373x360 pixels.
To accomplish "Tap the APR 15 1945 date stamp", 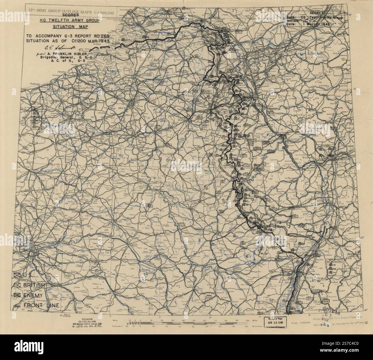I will pyautogui.click(x=274, y=322).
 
